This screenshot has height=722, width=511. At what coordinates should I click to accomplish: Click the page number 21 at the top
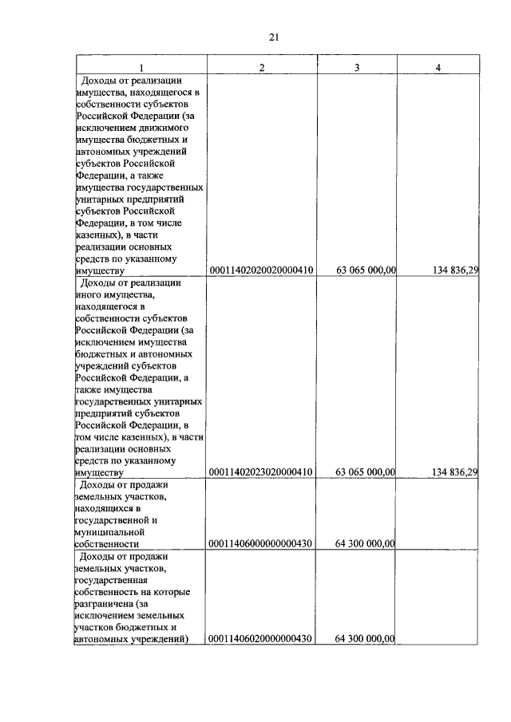coord(274,37)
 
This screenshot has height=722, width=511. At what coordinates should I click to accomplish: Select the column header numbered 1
coord(141,67)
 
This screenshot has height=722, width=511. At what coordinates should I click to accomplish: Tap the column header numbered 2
coord(261,67)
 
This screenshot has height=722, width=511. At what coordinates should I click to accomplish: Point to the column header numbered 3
coord(357,67)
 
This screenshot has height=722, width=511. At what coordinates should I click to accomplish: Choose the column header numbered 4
coord(438,67)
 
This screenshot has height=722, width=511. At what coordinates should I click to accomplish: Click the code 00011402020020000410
coord(261,271)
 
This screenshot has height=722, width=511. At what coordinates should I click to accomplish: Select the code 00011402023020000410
coord(261,472)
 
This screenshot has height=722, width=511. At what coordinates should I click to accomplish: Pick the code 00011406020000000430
coord(261,638)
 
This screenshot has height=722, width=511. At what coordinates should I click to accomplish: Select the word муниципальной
coord(109,531)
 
